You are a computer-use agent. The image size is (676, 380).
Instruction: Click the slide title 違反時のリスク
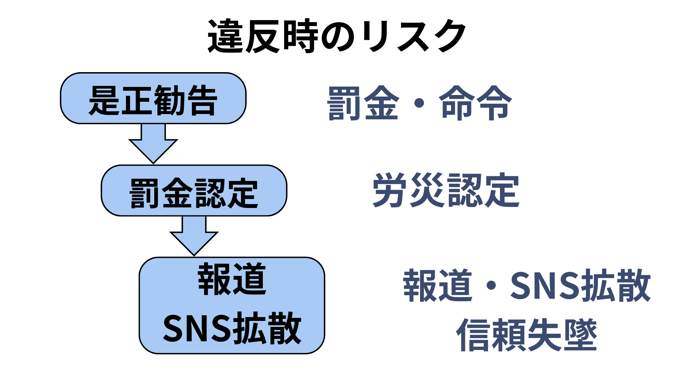tap(337, 36)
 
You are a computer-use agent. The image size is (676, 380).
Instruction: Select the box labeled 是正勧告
tap(153, 99)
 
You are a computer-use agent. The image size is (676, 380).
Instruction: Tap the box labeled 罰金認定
tap(194, 191)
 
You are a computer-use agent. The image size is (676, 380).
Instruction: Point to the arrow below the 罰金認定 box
tap(194, 236)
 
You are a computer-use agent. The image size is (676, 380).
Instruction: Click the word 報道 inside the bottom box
tap(232, 279)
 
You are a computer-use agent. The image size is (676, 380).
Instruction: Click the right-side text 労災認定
tap(446, 190)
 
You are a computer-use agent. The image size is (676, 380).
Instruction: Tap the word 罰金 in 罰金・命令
tap(363, 103)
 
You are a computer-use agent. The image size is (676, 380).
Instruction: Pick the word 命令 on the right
tap(475, 103)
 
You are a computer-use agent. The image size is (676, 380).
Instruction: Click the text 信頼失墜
tap(527, 335)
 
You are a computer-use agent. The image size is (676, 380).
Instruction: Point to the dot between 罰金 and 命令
tap(419, 103)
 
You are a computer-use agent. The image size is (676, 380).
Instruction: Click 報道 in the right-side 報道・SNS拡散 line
tap(437, 285)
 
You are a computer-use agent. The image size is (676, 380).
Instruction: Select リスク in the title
tap(414, 36)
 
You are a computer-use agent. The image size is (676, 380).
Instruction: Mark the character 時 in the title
tap(300, 36)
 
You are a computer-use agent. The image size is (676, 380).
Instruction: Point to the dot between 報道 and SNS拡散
tap(492, 285)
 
